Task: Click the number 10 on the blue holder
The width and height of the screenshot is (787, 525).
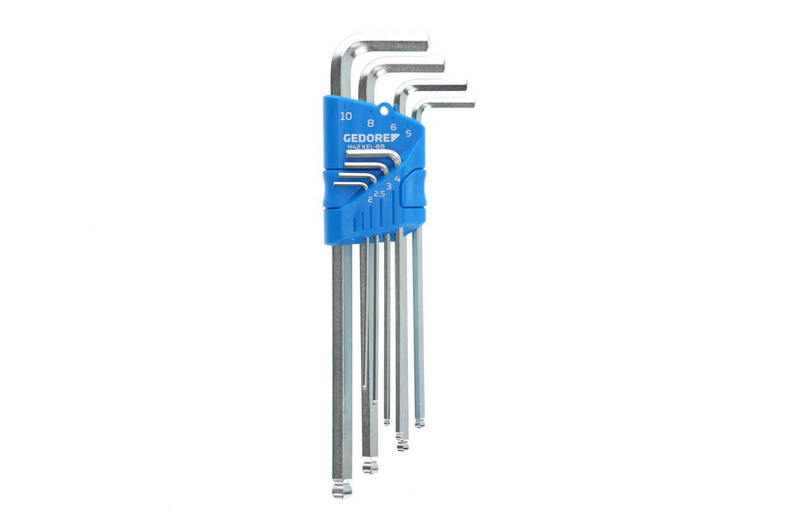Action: point(346,116)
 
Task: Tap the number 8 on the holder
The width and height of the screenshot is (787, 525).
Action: point(370,124)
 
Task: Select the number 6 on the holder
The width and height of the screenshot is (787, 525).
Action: point(393,127)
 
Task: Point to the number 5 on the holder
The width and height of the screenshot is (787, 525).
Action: point(408,134)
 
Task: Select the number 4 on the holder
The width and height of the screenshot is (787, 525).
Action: point(397,178)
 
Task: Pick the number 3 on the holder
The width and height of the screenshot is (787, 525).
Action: point(389,186)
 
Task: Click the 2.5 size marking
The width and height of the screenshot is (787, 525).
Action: point(379,194)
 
